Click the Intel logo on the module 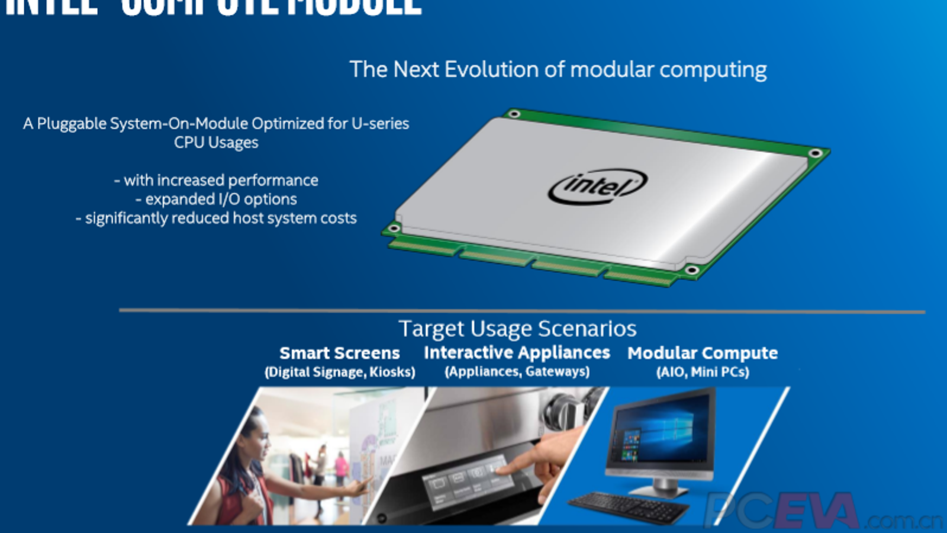tap(597, 186)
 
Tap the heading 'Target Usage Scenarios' tap(517, 329)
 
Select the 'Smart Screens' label tap(339, 353)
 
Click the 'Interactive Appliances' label tap(517, 352)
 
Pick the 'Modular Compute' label tap(703, 353)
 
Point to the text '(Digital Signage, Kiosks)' tap(340, 372)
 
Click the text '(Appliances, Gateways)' tap(517, 371)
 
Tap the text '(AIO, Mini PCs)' tap(703, 372)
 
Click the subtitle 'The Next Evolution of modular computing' tap(558, 69)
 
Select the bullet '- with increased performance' tap(216, 180)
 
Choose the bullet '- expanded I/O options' tap(216, 199)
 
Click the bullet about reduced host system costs tap(216, 218)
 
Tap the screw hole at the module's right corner tap(815, 153)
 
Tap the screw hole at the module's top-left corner tap(514, 114)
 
